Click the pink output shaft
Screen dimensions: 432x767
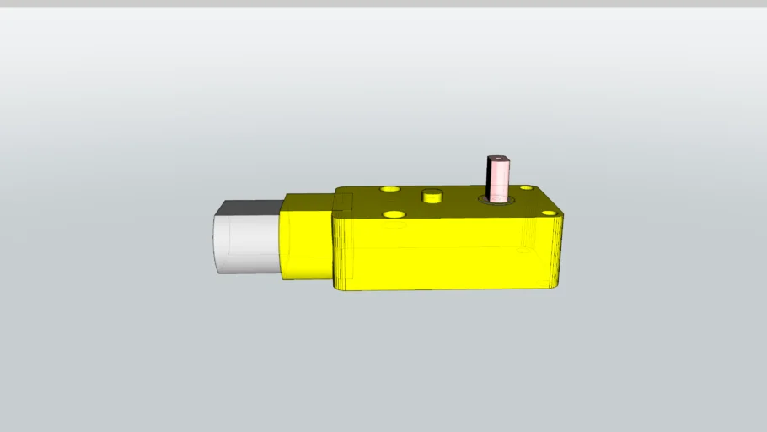coord(497,181)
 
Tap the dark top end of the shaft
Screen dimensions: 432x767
coord(496,157)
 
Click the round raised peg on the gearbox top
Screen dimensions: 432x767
coord(433,196)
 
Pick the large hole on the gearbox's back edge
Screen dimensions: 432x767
coord(389,189)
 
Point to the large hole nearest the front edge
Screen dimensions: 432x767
coord(393,214)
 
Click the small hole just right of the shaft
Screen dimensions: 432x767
coord(526,188)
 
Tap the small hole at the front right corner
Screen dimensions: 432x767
coord(549,213)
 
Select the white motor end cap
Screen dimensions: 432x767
coord(246,243)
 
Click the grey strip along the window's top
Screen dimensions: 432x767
coord(383,3)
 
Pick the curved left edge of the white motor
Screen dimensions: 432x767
coord(215,244)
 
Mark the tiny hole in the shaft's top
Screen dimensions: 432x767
coord(497,156)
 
